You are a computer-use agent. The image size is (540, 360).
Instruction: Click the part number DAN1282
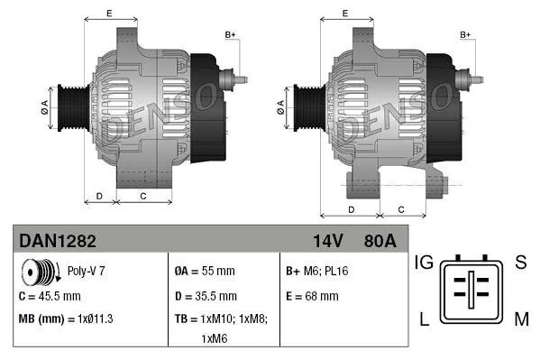coord(58,242)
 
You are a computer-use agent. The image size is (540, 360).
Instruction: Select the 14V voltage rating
coord(327,242)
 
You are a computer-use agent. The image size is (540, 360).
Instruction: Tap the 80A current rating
coord(379,242)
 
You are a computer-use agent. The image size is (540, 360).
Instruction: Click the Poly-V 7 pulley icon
coord(39,271)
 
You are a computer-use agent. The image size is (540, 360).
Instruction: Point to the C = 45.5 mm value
coord(50,295)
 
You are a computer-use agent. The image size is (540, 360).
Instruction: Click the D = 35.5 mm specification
coord(206,295)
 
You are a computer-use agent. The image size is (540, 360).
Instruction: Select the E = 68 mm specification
coord(312,295)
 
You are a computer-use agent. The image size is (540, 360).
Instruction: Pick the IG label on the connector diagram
coord(425,263)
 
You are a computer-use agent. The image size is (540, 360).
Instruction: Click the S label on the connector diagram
coord(520,263)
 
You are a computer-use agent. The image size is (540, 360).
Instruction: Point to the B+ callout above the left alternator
coord(230,35)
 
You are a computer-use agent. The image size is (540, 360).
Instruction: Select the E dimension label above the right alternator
coord(346,14)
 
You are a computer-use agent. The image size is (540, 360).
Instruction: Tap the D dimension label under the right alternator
coord(351,210)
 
